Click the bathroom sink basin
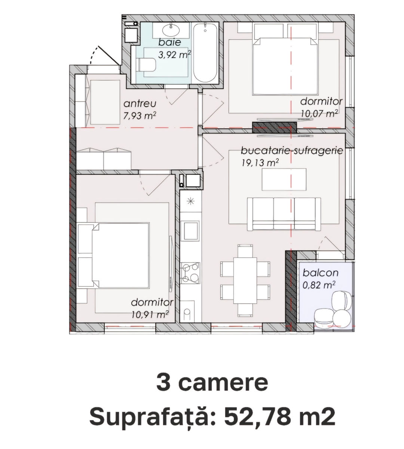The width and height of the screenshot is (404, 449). (x=171, y=30)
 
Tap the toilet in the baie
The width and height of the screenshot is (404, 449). (x=147, y=65)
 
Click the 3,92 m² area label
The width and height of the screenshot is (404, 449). (x=175, y=54)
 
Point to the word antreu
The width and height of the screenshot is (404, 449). (x=140, y=104)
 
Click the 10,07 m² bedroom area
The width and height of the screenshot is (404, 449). (x=319, y=114)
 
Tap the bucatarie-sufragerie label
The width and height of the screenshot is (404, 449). (x=292, y=151)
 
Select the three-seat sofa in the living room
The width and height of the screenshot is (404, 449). (x=284, y=214)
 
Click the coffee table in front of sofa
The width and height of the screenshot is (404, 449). (x=284, y=179)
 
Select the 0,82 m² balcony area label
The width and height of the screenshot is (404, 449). (x=319, y=285)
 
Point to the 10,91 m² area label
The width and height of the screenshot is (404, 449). (x=150, y=315)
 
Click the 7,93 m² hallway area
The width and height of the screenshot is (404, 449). (x=140, y=116)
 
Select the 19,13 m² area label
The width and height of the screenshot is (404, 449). (x=260, y=163)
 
